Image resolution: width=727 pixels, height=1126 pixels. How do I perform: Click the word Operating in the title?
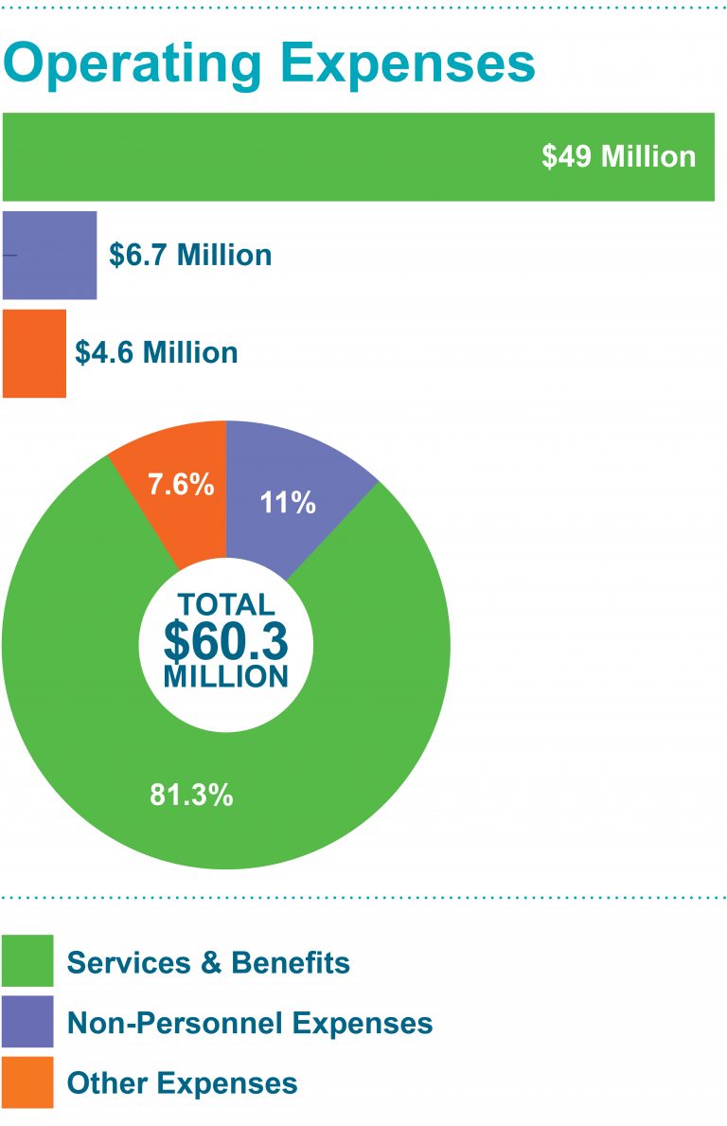pos(133,63)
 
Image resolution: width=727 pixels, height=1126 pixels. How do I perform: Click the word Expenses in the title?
pos(405,63)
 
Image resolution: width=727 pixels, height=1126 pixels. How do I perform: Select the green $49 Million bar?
pos(284,156)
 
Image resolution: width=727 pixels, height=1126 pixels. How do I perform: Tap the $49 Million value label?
pos(618,156)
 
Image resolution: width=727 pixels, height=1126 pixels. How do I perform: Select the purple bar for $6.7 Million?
pos(50,255)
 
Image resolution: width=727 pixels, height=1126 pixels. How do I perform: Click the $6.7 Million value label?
pos(190,255)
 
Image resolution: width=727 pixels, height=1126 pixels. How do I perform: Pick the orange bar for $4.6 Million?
pos(34,353)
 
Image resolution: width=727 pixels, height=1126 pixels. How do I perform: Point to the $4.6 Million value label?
pos(156,353)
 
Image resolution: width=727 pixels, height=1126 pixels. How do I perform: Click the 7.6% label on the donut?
pos(181,485)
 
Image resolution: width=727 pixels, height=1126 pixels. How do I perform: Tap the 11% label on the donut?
pos(289,503)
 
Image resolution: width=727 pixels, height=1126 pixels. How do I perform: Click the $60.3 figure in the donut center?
pos(225,641)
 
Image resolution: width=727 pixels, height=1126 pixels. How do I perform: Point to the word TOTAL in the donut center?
pos(226,604)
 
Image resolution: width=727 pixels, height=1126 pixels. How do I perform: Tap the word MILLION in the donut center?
pos(225,676)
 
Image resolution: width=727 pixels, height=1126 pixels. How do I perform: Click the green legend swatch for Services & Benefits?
pos(27,962)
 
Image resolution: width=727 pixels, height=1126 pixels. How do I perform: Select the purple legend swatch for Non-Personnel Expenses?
pos(27,1022)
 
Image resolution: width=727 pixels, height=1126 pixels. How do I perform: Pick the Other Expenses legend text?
pos(182,1082)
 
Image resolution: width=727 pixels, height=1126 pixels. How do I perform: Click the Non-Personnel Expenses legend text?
pos(250,1023)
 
